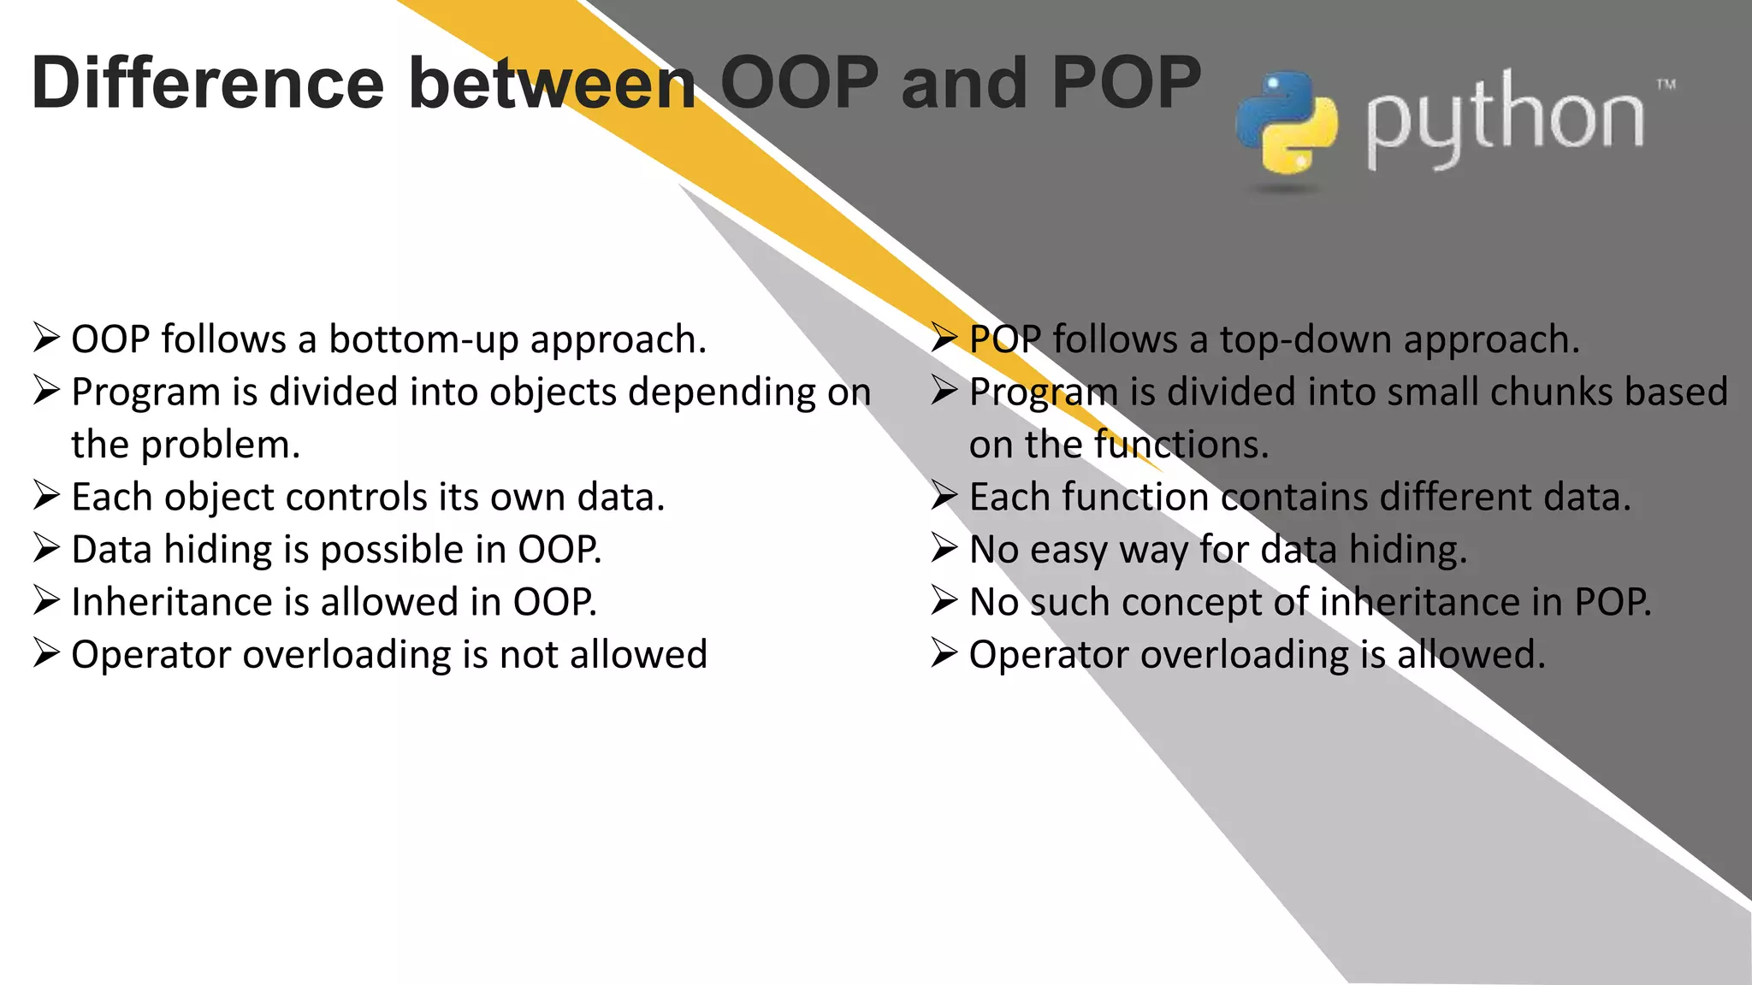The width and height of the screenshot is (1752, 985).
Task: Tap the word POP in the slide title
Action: click(1127, 83)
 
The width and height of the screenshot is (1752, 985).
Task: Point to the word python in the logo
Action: click(1504, 121)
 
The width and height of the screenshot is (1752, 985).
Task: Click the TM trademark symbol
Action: click(1666, 85)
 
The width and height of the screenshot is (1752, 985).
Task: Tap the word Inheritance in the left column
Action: click(147, 603)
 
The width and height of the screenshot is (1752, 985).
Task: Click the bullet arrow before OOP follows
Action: click(46, 339)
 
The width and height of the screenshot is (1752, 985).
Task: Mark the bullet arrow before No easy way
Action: click(944, 549)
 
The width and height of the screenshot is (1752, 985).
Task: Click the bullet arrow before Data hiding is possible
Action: click(46, 549)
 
